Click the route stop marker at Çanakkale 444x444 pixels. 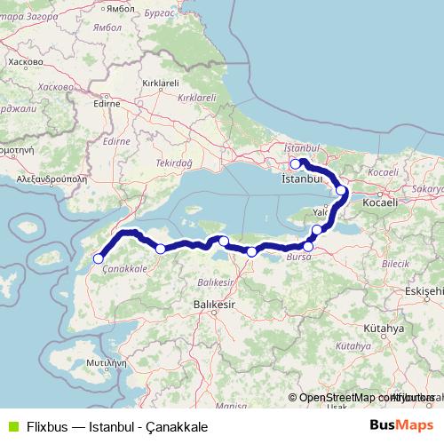[x=99, y=258]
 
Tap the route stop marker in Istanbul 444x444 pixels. [x=296, y=163]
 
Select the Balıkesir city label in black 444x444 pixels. [x=213, y=304]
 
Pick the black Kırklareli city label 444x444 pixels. [x=161, y=83]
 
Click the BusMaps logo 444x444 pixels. [x=401, y=424]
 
